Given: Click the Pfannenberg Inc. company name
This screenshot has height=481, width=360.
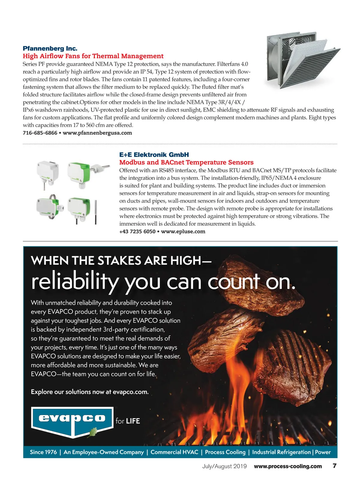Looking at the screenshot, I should tap(50, 49).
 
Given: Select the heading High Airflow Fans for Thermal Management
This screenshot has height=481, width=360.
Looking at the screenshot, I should tap(93, 56).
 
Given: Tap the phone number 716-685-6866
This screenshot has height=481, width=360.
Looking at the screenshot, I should tap(40, 133).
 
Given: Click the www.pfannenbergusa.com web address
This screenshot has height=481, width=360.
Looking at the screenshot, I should tap(97, 133).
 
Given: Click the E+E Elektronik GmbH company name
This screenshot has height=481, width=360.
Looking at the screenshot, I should tap(154, 155).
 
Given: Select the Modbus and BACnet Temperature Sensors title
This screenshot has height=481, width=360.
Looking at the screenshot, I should tap(186, 162).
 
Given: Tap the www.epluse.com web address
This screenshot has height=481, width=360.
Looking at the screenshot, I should tap(183, 232).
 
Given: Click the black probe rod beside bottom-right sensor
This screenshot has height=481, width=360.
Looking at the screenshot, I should tap(96, 212).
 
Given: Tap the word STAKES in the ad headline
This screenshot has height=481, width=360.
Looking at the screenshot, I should tap(119, 260).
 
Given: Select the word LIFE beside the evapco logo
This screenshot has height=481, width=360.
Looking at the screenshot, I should tap(133, 421).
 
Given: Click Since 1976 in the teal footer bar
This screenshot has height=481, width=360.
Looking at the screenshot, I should tap(43, 452).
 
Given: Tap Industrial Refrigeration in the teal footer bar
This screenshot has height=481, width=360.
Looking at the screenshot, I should tap(281, 452).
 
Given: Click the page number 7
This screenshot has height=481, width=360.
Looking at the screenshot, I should tap(334, 466).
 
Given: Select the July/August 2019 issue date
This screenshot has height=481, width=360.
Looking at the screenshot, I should tap(224, 466).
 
